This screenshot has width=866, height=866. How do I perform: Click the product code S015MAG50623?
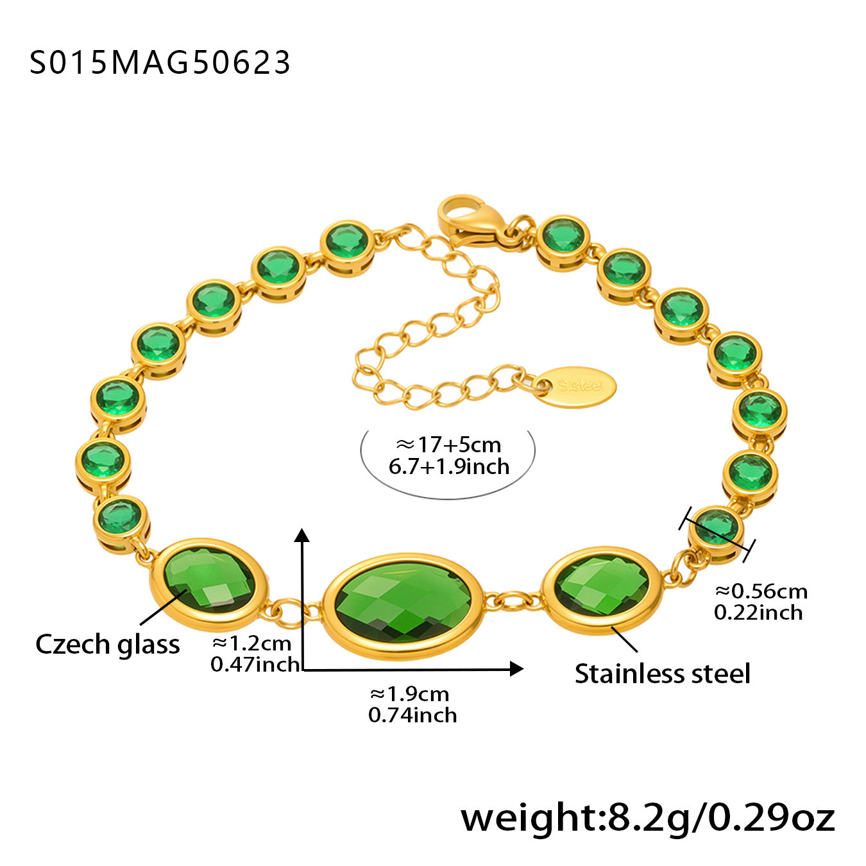160,62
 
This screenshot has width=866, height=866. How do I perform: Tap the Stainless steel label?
663,674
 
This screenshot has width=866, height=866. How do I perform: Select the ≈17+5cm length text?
448,445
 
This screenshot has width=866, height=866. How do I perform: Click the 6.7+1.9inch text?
448,467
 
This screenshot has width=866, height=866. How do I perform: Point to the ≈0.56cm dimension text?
761,592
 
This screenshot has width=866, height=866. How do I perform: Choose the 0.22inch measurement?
758,613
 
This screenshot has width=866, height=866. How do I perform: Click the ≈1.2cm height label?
251,643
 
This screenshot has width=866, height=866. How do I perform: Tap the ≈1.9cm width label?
409,694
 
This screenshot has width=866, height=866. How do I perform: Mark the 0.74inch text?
412,715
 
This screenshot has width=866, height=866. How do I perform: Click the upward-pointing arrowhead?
303,535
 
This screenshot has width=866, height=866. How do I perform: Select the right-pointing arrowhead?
517,668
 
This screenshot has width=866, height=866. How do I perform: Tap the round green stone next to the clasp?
563,242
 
